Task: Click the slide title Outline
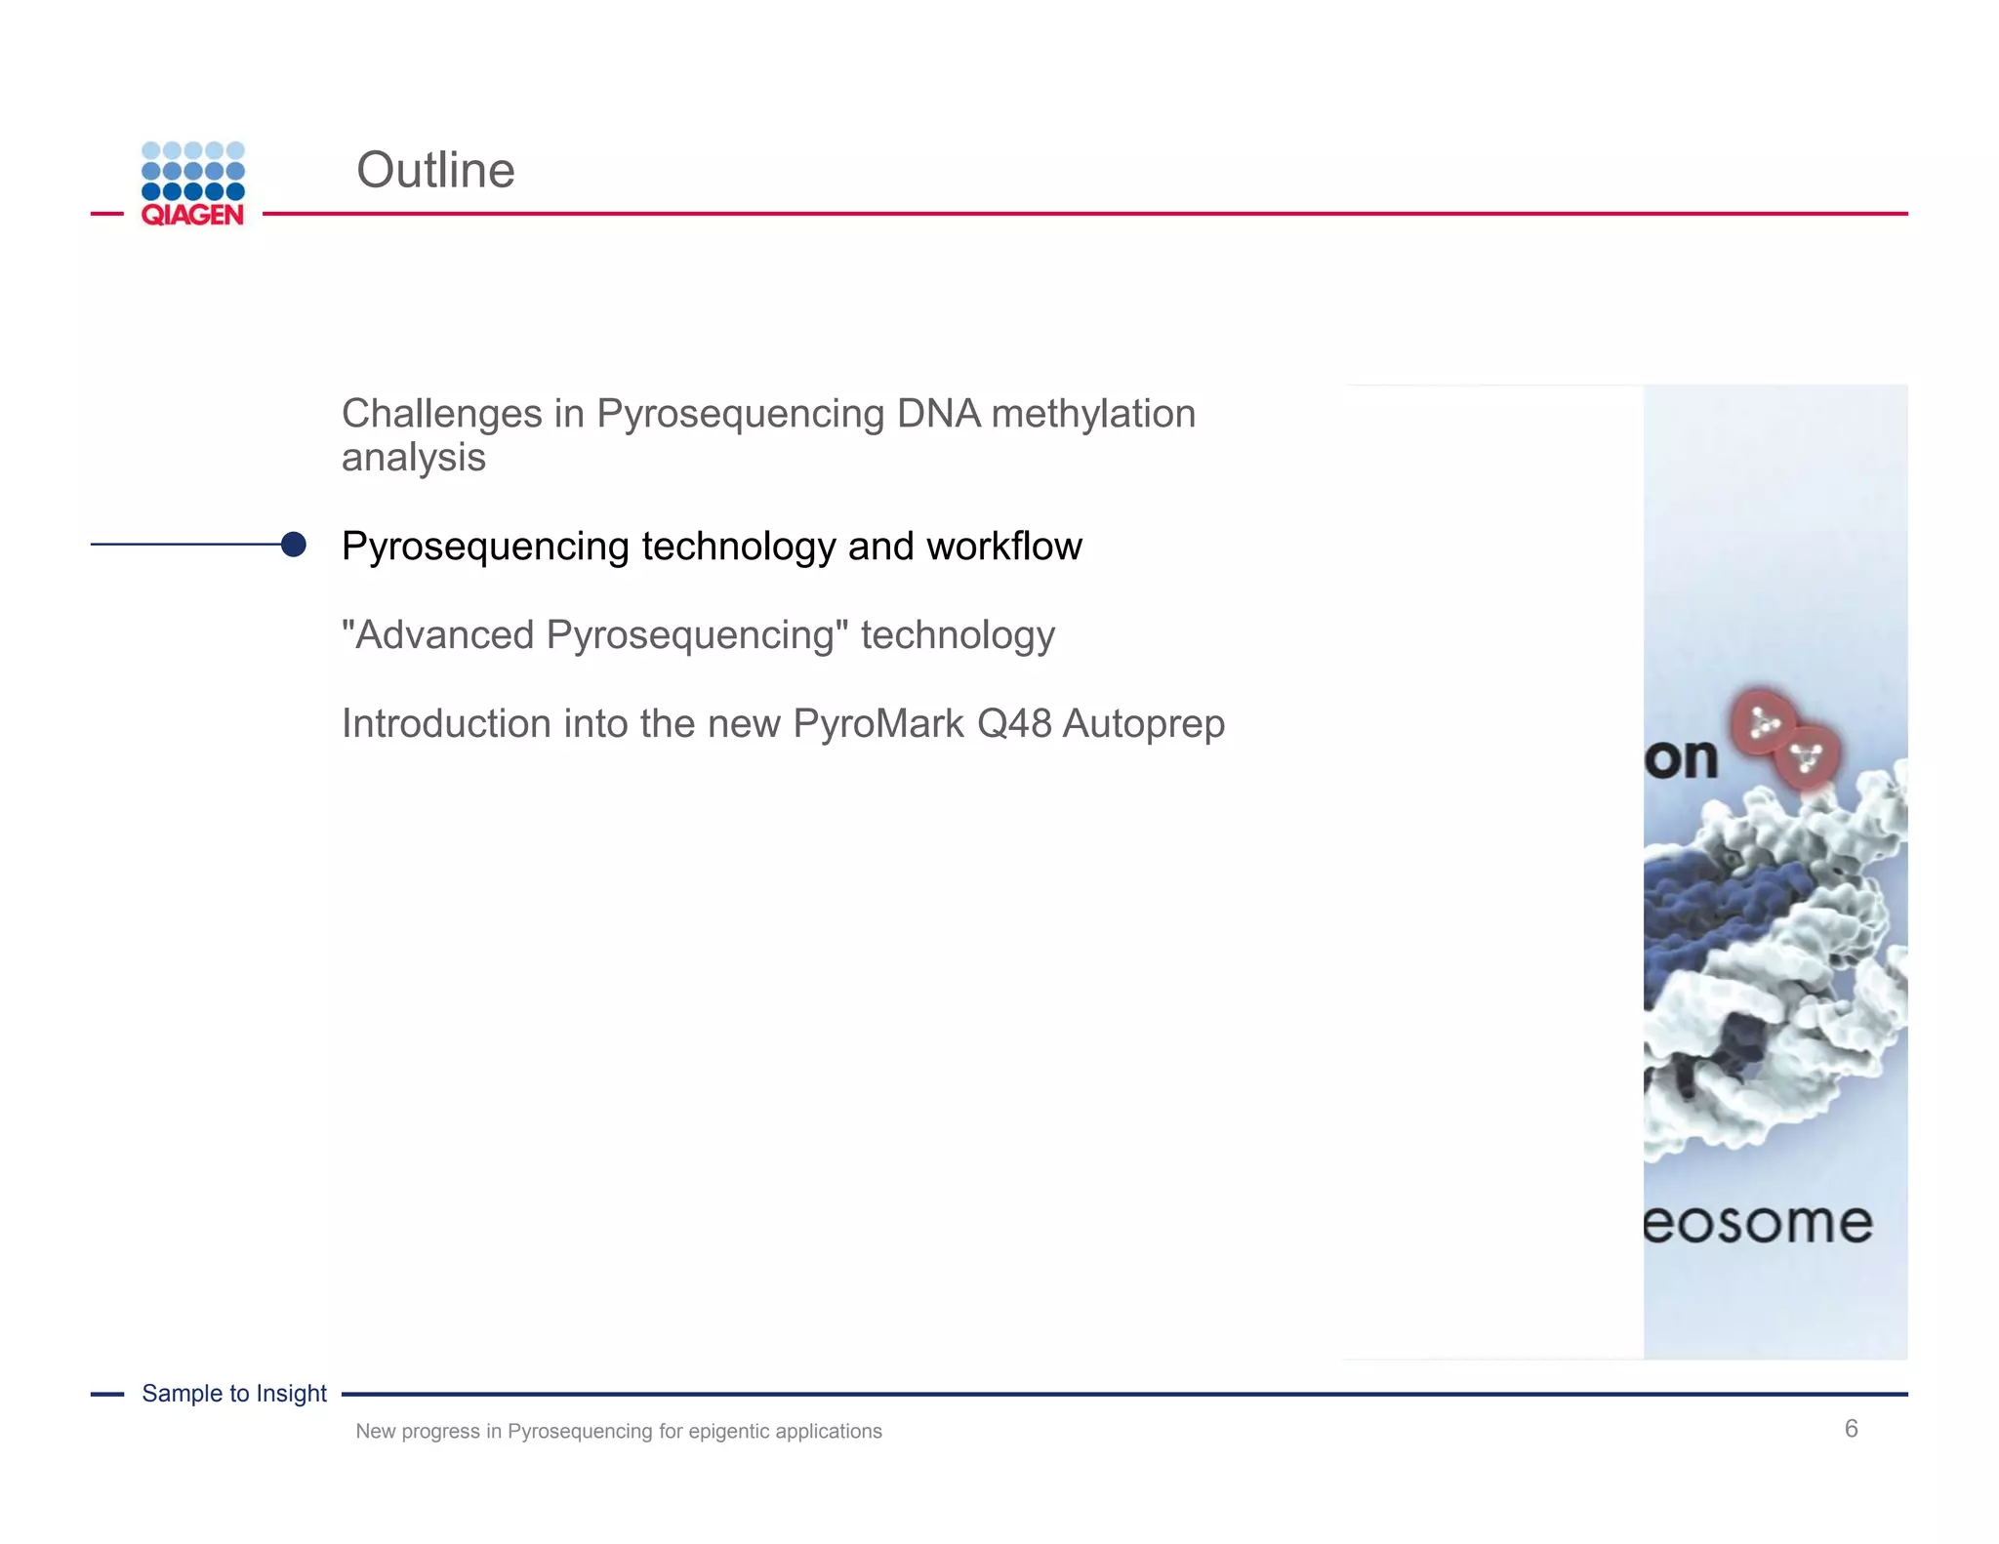pos(435,170)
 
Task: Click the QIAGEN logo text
pos(192,215)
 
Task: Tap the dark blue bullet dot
pos(293,545)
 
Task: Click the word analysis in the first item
pos(413,458)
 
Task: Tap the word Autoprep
pos(1143,724)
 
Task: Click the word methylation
pos(1093,414)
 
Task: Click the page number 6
pos(1851,1429)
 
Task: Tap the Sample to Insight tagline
pos(234,1394)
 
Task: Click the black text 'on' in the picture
pos(1681,758)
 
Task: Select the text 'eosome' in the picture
pos(1758,1223)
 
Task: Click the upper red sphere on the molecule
pos(1761,722)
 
